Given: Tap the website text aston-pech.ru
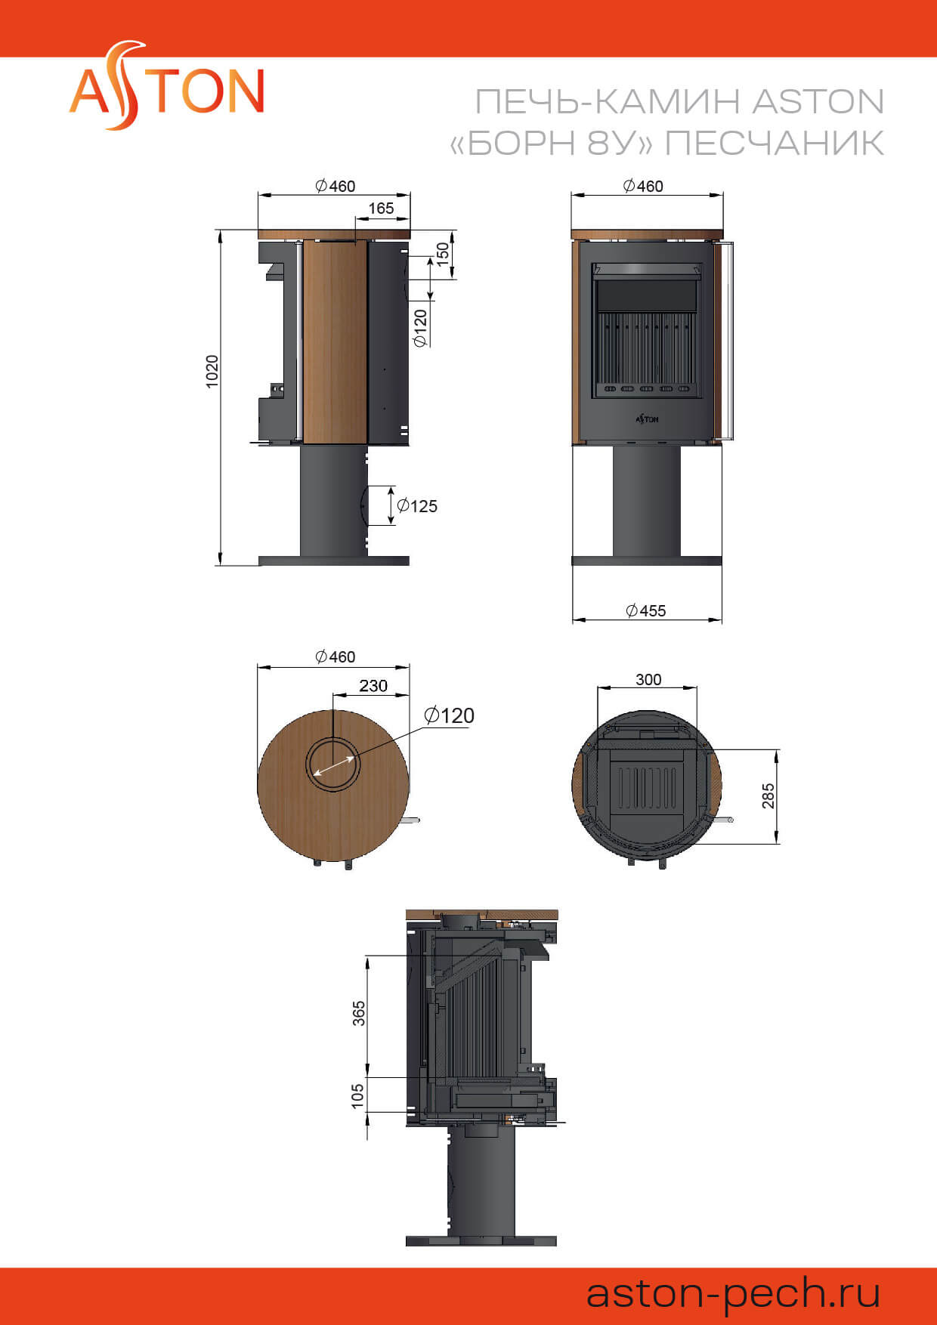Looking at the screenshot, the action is [x=733, y=1293].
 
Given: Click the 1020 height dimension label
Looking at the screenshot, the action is [x=212, y=371].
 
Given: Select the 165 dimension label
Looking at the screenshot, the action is [x=381, y=208].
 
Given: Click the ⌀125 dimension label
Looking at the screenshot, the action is [x=417, y=506].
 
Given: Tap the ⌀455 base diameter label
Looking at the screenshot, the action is [x=646, y=610].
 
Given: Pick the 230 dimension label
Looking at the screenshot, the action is [x=373, y=685].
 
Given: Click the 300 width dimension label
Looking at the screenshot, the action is [x=648, y=679].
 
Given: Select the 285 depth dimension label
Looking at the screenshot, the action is [x=768, y=796].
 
